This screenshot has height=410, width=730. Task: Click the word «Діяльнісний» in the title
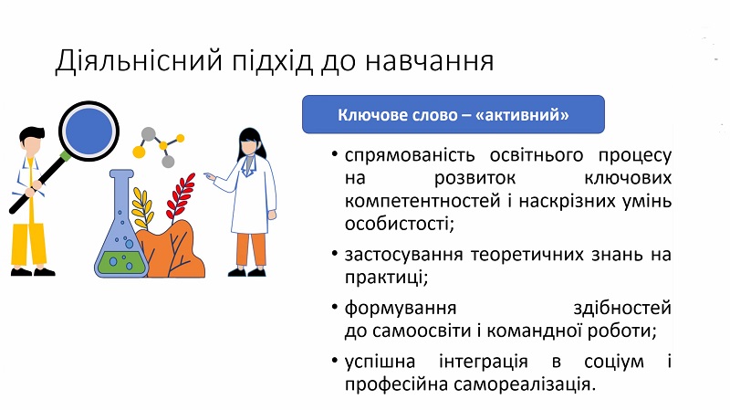point(139,61)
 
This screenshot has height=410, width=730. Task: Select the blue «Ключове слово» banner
point(453,115)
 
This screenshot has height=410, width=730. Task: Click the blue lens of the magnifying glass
point(89,131)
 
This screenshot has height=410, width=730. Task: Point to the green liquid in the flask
point(120,263)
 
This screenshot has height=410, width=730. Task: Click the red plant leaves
point(181,196)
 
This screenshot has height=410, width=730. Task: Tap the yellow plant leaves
point(142,207)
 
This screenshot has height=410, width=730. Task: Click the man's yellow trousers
point(29,246)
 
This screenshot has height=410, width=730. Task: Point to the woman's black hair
point(253,143)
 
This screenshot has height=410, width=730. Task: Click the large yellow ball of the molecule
point(139,152)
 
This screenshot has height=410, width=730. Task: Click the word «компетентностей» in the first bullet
point(422,201)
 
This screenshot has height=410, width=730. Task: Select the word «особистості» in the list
point(399,224)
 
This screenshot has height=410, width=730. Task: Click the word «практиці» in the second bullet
point(386,278)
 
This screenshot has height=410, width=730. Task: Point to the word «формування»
point(401,309)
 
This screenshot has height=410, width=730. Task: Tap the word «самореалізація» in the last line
point(524,384)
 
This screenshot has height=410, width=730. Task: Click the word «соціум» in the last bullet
point(613,362)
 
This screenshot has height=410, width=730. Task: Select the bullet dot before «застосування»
point(334,254)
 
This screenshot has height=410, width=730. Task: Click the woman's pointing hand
point(210,176)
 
